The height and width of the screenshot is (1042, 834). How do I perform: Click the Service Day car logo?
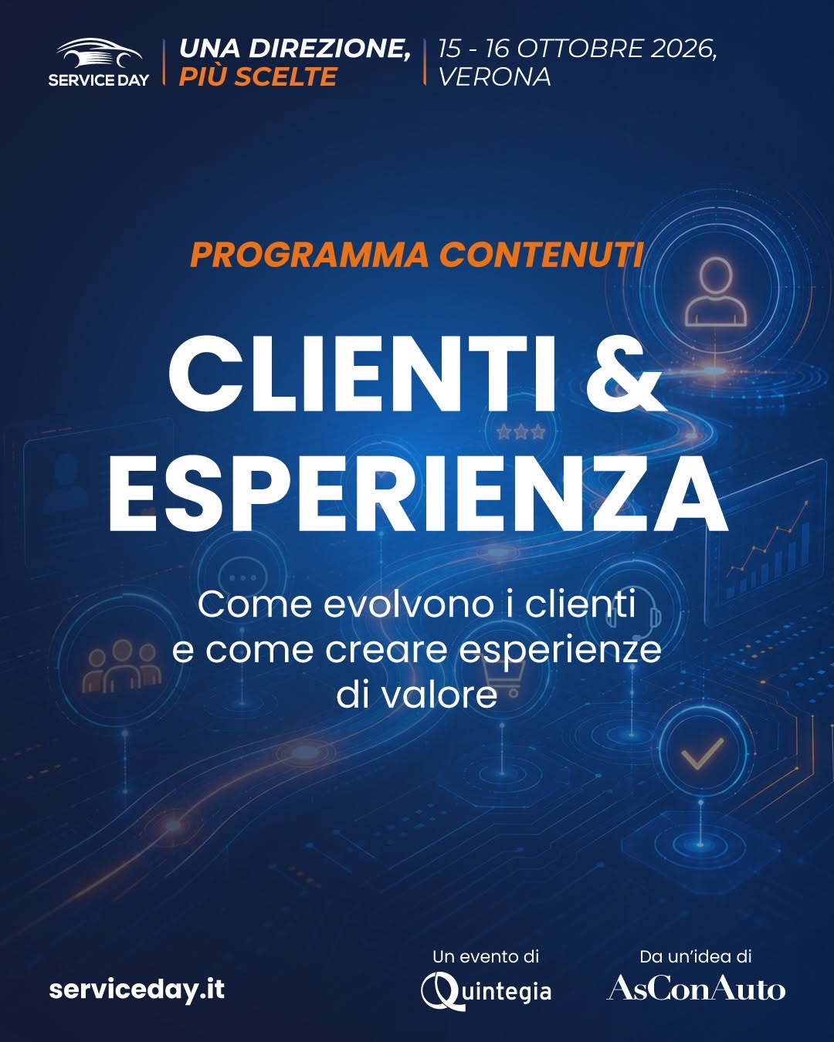pos(99,62)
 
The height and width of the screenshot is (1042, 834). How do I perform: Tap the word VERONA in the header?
pos(495,77)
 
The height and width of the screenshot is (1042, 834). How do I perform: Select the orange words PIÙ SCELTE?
pos(258,76)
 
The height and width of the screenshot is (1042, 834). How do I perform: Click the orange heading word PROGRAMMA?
pos(310,255)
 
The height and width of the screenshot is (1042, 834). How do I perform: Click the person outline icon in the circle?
pos(716,292)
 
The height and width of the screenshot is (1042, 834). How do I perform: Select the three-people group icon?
pos(122,665)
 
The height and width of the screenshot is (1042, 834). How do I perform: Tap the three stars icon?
pos(521,431)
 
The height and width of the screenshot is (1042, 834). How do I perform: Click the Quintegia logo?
pos(486,991)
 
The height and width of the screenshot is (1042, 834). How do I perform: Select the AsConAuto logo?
pos(696,987)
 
